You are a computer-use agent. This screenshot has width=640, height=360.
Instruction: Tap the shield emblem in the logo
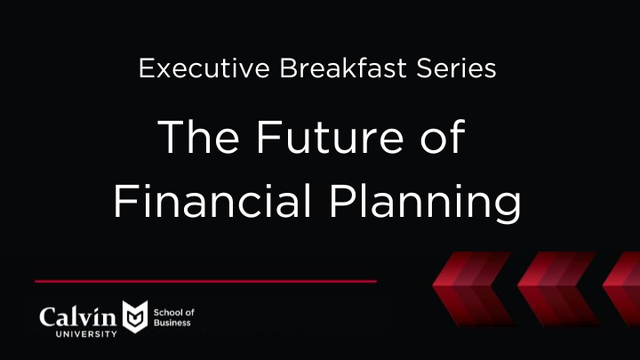pos(134,317)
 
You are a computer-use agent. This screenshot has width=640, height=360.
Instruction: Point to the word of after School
pos(189,313)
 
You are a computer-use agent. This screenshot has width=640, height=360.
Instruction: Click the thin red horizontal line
pos(205,280)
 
